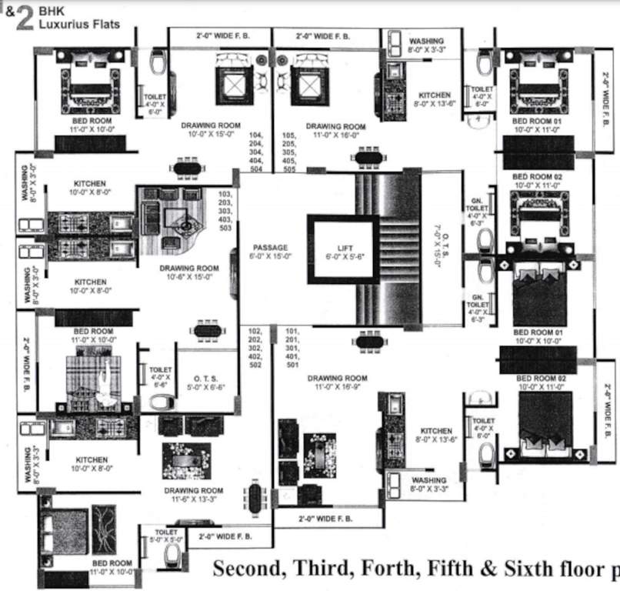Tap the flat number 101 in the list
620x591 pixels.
292,330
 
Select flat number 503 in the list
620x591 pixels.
225,228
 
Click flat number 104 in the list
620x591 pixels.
256,135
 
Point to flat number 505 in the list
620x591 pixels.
290,169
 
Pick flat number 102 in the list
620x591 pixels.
255,330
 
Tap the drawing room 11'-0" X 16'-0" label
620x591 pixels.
335,130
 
